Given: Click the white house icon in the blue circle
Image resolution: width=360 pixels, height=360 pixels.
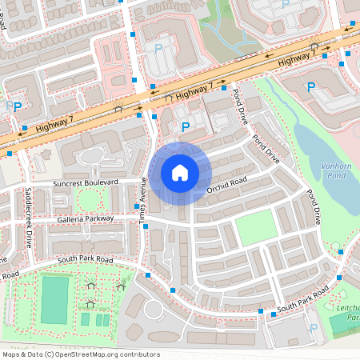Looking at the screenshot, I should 180,173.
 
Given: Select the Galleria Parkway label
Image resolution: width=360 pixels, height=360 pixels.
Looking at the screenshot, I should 85,218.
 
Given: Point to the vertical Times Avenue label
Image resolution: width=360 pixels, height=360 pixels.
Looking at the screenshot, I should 145,199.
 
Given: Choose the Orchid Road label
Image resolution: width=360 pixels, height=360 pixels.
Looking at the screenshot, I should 227,186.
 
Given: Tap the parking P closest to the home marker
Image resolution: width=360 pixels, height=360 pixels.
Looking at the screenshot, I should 186,126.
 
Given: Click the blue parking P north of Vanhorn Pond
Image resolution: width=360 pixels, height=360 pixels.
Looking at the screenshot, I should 311,86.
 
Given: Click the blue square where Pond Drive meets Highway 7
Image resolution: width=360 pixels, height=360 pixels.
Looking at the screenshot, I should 224,87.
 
